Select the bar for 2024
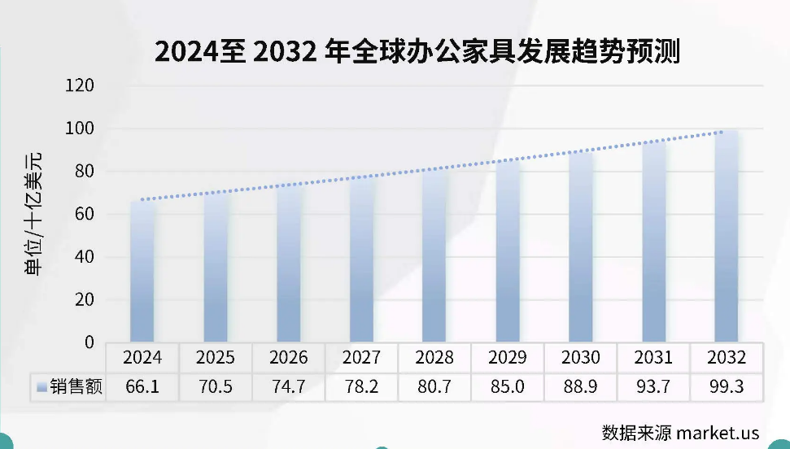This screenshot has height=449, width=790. [142, 272]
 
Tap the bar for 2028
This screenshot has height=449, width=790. [434, 256]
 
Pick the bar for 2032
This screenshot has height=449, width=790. [726, 236]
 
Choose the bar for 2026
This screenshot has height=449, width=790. [288, 264]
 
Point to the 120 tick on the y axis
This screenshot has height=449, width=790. [80, 86]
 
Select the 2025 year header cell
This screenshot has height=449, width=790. [215, 358]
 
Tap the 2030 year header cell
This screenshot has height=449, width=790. [580, 358]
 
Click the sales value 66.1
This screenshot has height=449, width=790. [142, 387]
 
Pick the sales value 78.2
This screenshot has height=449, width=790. [361, 387]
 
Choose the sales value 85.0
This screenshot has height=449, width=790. [507, 387]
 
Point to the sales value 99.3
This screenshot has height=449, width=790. [726, 387]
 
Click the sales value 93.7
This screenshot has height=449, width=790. [653, 387]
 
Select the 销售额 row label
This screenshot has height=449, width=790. [76, 387]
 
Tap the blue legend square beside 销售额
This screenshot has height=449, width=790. [41, 388]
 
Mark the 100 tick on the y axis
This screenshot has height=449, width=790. [80, 129]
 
